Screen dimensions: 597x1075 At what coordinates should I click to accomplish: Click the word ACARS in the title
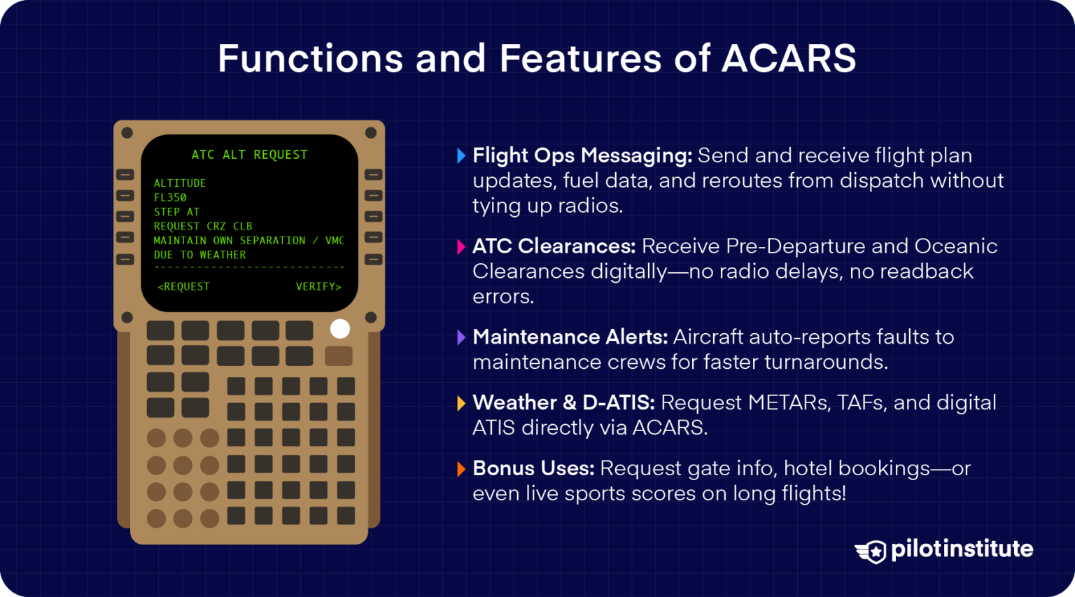point(789,58)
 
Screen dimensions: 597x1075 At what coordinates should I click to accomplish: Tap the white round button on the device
point(339,329)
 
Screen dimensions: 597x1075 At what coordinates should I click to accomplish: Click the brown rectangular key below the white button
point(339,356)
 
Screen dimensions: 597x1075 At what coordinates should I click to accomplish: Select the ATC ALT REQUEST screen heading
point(249,155)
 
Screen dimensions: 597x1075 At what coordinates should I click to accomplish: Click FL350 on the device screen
point(170,198)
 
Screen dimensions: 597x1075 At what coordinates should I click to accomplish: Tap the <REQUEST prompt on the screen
point(183,286)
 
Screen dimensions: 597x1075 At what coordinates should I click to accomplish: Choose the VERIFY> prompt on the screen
point(318,286)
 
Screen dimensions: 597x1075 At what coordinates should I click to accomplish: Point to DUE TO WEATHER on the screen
point(199,255)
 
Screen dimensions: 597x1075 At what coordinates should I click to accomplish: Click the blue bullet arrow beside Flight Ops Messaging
point(461,155)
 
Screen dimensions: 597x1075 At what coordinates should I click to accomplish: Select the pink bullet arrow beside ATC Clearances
point(461,246)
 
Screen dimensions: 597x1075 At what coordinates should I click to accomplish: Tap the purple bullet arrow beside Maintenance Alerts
point(461,337)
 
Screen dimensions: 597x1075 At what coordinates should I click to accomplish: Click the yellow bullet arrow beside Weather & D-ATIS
point(461,403)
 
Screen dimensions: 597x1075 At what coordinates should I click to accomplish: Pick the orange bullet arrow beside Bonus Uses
point(461,469)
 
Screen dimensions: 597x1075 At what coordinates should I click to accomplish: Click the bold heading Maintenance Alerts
point(570,337)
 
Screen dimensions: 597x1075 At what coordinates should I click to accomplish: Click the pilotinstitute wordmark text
point(962,549)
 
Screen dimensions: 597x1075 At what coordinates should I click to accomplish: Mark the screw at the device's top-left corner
point(127,133)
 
